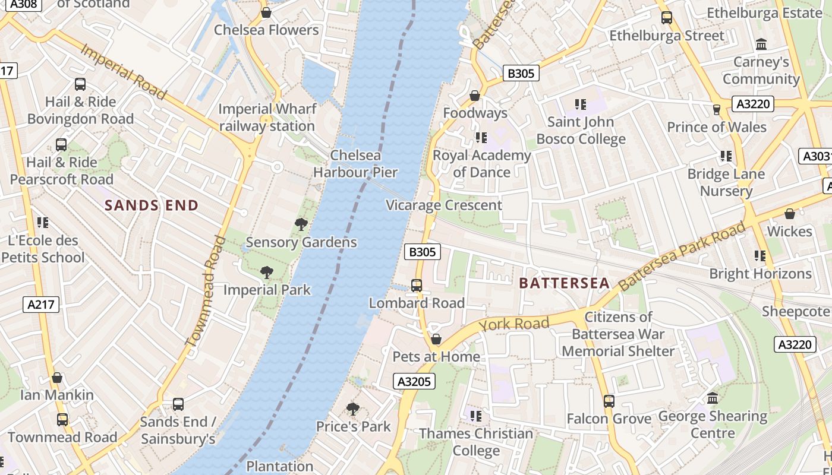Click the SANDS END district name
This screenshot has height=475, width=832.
click(152, 205)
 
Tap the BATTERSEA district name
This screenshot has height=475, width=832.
click(564, 283)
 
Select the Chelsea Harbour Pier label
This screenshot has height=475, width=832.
click(355, 164)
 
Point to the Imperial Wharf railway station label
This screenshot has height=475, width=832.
click(267, 118)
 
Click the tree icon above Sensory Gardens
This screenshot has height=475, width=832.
click(301, 224)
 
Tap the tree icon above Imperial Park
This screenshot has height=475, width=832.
click(267, 273)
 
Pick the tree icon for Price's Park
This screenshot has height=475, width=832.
click(353, 409)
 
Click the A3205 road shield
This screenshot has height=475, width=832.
click(414, 381)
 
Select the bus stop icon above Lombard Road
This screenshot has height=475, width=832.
click(417, 286)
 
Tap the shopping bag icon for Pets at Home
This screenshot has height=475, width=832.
click(436, 339)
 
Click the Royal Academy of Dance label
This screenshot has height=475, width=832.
click(481, 164)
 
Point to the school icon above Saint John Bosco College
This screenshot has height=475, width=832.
click(581, 105)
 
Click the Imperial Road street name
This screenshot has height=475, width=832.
click(123, 71)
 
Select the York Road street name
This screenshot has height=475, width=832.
click(514, 324)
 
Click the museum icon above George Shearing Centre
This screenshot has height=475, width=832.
click(713, 398)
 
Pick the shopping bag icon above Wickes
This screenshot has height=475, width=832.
click(790, 214)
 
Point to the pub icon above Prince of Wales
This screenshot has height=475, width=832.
click(717, 109)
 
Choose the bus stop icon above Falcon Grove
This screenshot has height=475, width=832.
click(609, 401)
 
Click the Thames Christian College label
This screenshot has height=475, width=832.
click(476, 442)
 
